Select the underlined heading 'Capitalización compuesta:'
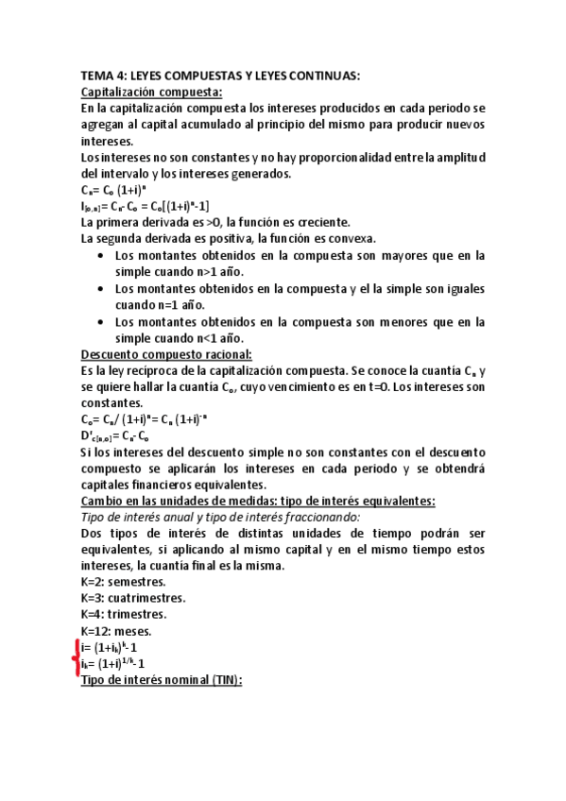click(151, 93)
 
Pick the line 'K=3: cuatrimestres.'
click(133, 598)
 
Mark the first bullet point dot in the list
click(101, 256)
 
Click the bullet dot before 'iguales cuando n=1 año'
click(101, 289)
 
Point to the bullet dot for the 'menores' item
click(101, 322)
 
